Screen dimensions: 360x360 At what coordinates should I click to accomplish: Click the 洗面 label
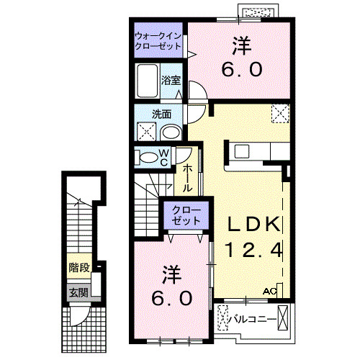pos(161,114)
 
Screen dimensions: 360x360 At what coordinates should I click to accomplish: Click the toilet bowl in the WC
pos(148,156)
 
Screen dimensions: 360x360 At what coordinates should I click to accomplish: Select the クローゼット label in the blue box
pos(186,214)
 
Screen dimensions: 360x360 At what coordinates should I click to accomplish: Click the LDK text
pos(253,224)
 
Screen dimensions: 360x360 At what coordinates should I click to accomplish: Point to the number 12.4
pos(253,251)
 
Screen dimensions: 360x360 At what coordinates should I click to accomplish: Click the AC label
pos(269,292)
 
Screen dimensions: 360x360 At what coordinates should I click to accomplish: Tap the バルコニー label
pos(252,316)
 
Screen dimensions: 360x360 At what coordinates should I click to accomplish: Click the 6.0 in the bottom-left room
pos(171,297)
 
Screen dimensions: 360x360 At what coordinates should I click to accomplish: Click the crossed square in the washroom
pos(145,131)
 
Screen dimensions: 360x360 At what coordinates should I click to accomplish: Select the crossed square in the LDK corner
pos(279,114)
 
